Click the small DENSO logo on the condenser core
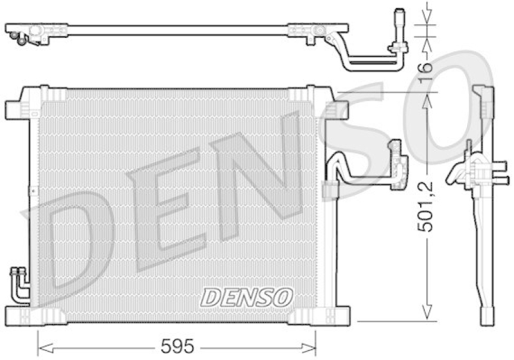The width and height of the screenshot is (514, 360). (247, 296)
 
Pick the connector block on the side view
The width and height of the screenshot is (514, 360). (472, 172)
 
